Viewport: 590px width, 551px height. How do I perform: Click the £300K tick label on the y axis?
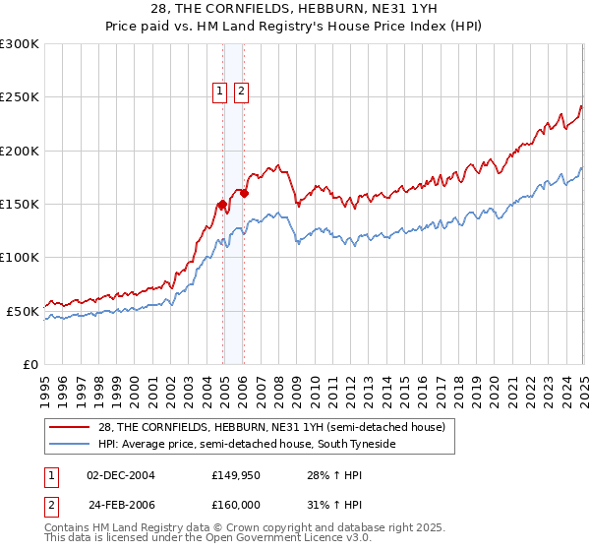[20, 44]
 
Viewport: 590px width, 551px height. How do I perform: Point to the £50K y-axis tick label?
[23, 311]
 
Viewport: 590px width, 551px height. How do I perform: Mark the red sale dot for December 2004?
[222, 205]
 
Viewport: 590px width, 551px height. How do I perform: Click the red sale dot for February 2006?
[244, 194]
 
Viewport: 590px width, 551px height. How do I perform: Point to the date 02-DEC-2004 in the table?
[121, 475]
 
